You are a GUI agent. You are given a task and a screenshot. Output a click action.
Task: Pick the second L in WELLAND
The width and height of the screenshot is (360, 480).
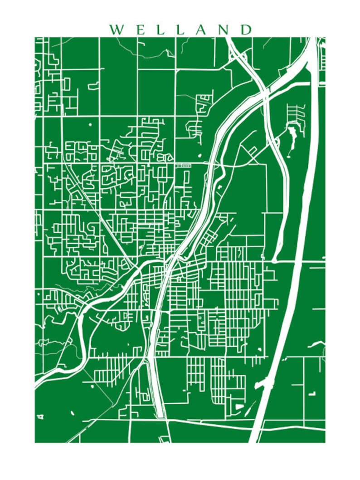click(x=180, y=30)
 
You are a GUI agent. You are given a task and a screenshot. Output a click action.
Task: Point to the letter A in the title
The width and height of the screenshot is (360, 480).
click(x=201, y=30)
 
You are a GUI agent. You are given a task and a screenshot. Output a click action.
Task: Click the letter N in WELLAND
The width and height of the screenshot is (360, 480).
click(x=224, y=30)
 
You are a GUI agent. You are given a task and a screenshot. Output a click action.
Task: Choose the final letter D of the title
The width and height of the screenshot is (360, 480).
click(x=246, y=30)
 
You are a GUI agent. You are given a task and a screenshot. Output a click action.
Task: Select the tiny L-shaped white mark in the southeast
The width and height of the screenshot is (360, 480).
click(x=312, y=393)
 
